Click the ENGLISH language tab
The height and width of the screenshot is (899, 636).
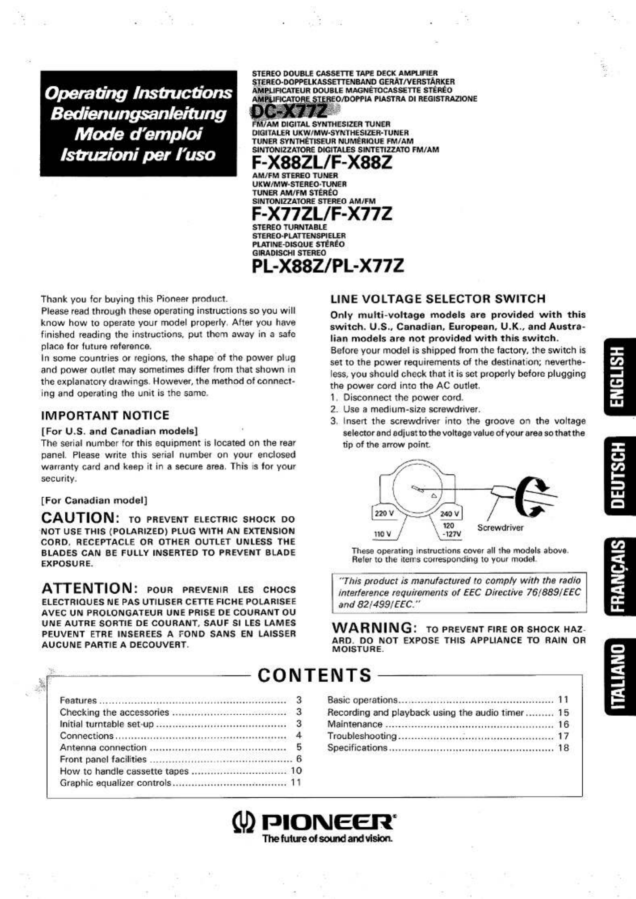point(619,378)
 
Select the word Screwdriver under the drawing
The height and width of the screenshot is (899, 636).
point(500,528)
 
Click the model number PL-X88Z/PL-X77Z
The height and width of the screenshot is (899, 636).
point(328,266)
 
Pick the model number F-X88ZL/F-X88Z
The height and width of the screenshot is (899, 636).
point(322,163)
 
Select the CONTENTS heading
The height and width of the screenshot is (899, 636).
point(314,675)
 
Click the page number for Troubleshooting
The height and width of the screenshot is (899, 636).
point(563,736)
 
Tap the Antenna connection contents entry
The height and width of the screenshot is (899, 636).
point(103,747)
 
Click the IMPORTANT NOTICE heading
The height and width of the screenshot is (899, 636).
point(105,415)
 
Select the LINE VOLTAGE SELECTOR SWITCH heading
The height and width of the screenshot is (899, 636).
point(438,299)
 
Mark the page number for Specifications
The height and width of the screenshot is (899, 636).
point(563,748)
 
